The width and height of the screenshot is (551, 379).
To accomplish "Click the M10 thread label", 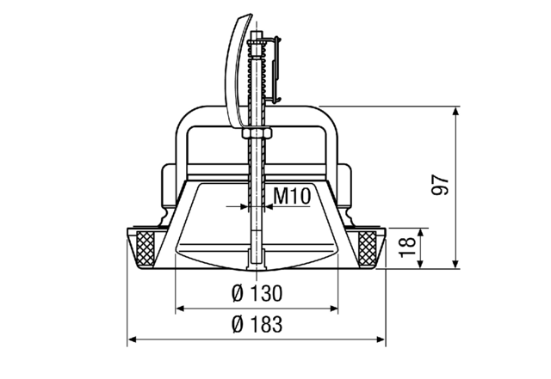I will click(291, 196).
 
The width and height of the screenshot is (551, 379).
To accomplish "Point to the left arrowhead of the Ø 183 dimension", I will click(132, 340).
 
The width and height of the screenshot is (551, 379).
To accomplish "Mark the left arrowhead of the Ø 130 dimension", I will click(180, 308).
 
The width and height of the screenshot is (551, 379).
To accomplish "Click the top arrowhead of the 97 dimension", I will click(456, 111).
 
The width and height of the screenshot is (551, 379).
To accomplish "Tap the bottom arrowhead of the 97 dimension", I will click(456, 263).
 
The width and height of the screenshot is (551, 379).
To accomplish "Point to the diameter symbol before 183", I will click(238, 326).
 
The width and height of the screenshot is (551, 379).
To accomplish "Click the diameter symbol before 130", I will click(238, 294).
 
